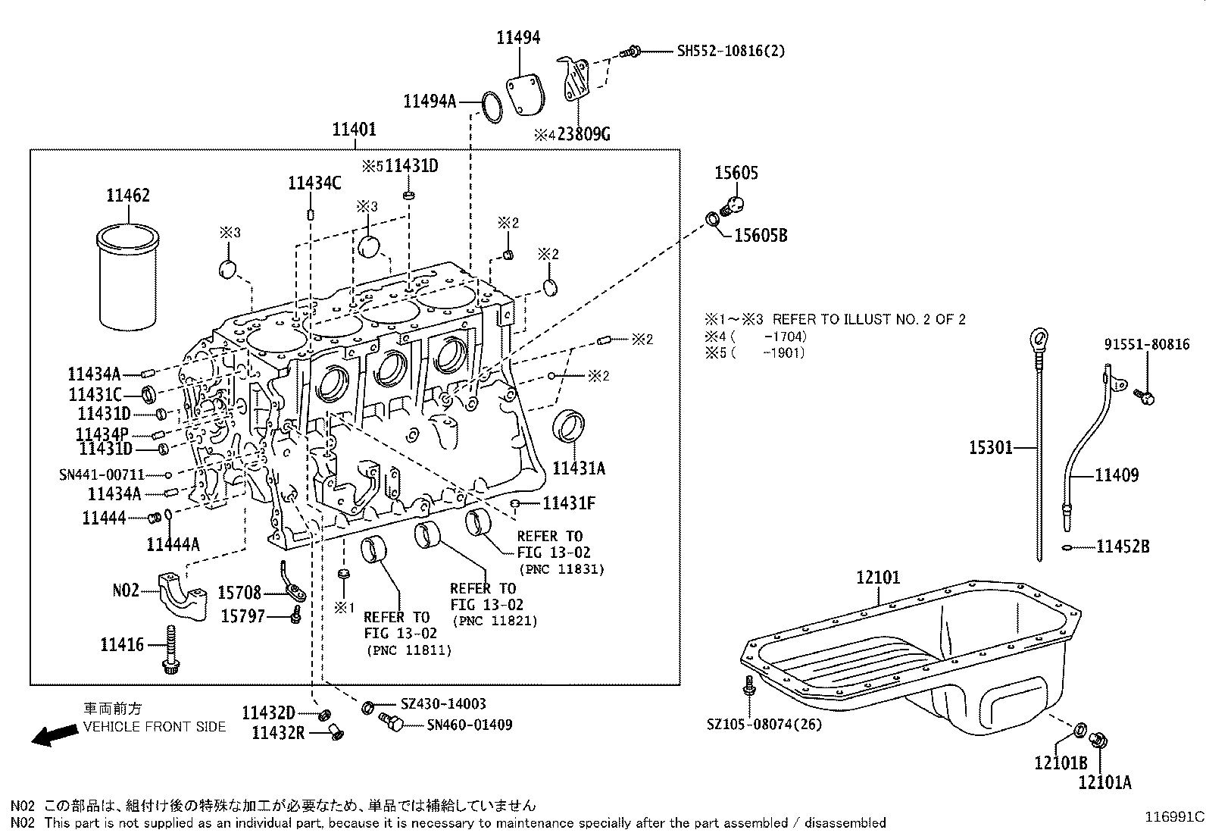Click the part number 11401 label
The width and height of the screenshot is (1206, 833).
click(354, 130)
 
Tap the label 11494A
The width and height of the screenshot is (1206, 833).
click(430, 102)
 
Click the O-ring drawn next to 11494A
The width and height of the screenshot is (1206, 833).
click(492, 108)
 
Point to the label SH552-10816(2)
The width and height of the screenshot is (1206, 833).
click(730, 51)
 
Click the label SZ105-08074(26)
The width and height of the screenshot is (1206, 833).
click(764, 724)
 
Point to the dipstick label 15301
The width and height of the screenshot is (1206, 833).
click(991, 448)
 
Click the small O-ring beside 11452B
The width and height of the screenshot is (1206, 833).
click(1066, 546)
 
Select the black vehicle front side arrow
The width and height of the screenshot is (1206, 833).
click(53, 734)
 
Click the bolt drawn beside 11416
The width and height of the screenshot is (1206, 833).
click(170, 650)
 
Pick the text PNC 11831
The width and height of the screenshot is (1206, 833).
click(561, 569)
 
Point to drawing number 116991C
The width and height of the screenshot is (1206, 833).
click(1173, 817)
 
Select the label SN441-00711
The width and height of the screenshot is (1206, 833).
click(102, 474)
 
